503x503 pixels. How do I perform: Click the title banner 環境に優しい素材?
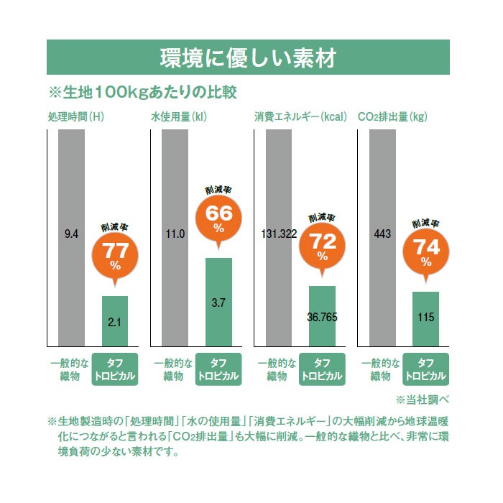248,57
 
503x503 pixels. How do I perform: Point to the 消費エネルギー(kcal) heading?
300,116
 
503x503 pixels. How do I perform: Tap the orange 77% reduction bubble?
114,255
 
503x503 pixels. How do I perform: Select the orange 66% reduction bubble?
218,218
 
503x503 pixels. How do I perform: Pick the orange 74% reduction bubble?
425,249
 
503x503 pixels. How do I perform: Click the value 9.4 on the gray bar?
71,234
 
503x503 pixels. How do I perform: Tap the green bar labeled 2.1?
114,320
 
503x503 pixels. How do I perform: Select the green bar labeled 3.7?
218,302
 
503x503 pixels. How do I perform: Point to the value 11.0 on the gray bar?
175,234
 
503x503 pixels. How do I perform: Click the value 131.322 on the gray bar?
279,234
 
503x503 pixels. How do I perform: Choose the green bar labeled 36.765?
322,316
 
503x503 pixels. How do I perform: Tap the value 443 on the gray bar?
382,234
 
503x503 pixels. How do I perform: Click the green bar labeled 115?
425,318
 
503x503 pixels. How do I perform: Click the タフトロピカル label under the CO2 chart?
425,369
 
